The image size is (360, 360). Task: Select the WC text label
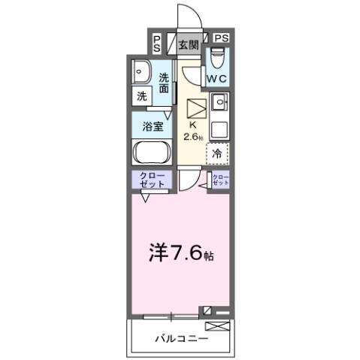[x=219, y=78]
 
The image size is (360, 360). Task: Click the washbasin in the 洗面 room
[x=141, y=72]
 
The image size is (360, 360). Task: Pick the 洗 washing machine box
[x=141, y=96]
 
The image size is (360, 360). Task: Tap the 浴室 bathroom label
[x=153, y=126]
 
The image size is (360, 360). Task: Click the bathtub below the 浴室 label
[x=153, y=152]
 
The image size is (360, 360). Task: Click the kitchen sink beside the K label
[x=219, y=101]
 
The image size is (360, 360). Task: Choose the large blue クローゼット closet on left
[x=153, y=180]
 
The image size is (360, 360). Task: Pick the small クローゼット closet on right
[x=220, y=180]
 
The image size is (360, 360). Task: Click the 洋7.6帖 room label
[x=178, y=254]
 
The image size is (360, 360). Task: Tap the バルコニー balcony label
[x=177, y=339]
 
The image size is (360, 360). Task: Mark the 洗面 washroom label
[x=165, y=83]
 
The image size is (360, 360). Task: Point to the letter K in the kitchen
[x=192, y=126]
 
